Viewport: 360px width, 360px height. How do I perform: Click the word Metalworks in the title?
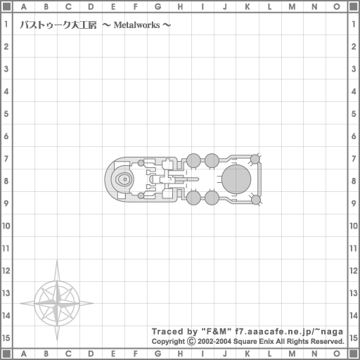136,25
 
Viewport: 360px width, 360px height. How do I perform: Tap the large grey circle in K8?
236,179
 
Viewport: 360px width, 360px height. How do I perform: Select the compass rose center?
57,303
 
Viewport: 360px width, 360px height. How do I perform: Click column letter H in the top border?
180,7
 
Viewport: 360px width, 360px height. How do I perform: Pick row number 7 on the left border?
6,158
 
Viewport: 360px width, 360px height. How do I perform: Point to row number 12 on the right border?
354,271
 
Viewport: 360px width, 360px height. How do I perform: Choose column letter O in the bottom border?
337,354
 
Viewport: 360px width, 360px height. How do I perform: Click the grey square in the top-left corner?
6,6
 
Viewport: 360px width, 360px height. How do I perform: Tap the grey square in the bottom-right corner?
354,354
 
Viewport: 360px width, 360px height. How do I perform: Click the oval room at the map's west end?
124,179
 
